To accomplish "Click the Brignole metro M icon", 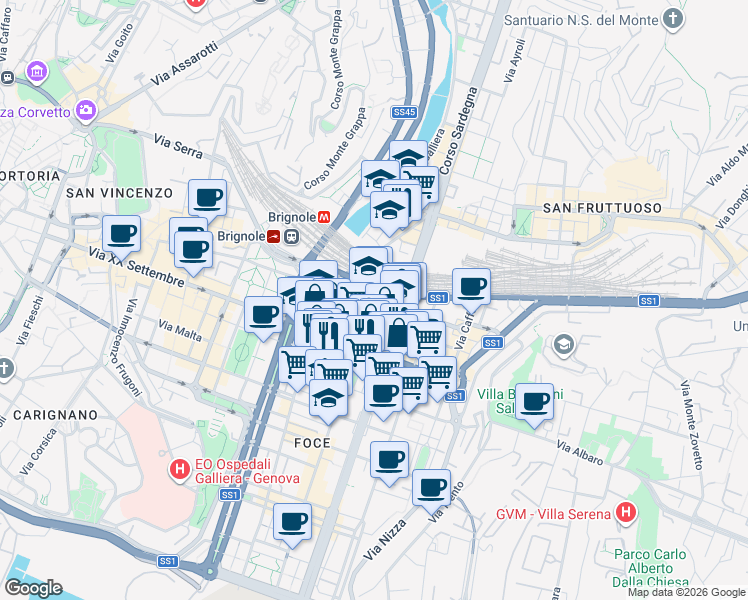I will [324, 215].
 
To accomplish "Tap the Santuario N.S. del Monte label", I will [582, 19].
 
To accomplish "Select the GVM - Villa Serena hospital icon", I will [626, 512].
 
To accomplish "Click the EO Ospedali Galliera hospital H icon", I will [180, 468].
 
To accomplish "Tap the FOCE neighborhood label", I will [312, 442].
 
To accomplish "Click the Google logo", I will [33, 588].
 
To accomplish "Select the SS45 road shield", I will [404, 113].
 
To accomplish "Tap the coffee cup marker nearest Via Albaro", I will [535, 401].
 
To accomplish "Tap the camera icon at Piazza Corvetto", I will [84, 110].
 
